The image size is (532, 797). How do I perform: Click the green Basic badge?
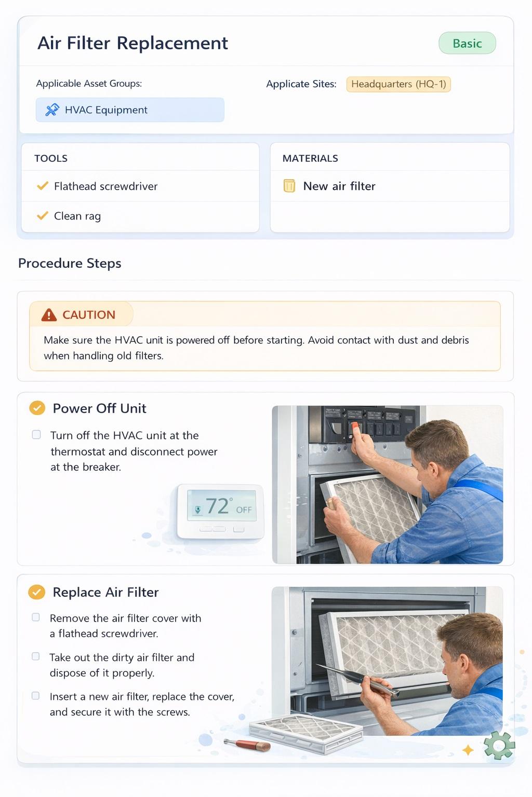tap(467, 44)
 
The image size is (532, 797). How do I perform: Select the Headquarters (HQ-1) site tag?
tap(398, 84)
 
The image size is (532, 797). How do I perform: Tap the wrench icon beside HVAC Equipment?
tap(52, 110)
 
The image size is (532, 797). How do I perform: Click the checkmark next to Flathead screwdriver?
tap(43, 186)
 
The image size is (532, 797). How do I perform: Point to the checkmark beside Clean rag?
tap(43, 215)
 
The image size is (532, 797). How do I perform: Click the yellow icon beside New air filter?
tap(289, 186)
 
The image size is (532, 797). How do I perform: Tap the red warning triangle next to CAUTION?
tap(49, 315)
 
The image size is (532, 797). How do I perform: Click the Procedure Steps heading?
tap(70, 263)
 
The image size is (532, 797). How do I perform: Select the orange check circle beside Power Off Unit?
tap(36, 408)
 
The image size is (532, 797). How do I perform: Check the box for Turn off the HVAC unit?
tap(36, 435)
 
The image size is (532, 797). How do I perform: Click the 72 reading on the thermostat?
tap(217, 506)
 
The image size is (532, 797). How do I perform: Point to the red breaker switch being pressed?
tap(355, 428)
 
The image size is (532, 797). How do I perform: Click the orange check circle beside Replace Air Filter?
tap(36, 592)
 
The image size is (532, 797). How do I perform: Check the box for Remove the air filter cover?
tap(36, 617)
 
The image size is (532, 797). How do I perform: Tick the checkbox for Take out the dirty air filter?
tap(36, 656)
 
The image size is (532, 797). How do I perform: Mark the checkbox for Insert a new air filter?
tap(36, 696)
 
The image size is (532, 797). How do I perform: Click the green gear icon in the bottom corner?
tap(499, 745)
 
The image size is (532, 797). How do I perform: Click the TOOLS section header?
tap(51, 158)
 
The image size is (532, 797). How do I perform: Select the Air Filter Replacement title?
tap(132, 43)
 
